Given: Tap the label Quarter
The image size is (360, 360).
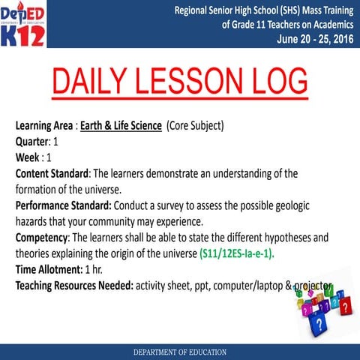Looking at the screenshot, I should tap(31, 142).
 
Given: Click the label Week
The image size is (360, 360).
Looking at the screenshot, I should tap(28, 157).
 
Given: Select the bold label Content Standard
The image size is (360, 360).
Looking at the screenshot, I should tap(52, 173).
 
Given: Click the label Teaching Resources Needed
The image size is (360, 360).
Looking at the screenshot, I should tap(73, 286).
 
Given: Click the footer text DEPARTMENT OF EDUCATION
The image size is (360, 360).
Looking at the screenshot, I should tap(181, 351).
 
